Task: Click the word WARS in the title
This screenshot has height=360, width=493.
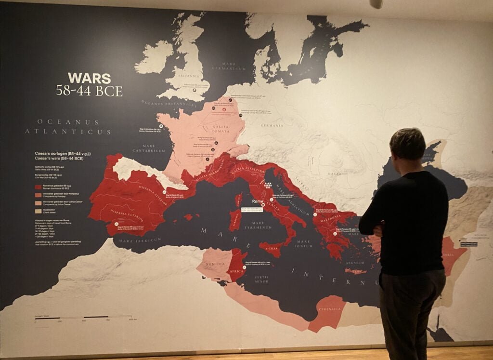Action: pos(89,78)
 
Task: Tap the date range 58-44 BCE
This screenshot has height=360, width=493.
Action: pos(89,91)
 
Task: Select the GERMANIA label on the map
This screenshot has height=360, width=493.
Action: pos(272,125)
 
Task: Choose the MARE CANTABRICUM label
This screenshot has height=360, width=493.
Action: pos(150,147)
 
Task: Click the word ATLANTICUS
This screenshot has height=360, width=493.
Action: pos(68,132)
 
